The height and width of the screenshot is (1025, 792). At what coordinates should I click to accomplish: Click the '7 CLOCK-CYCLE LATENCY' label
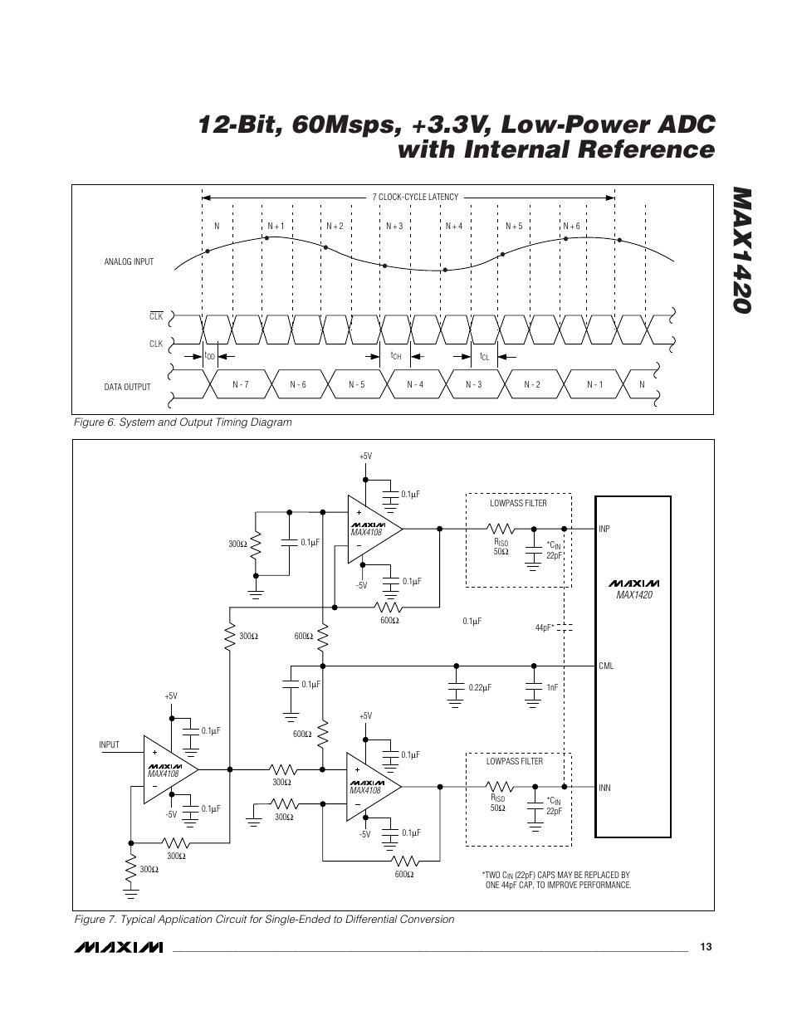coord(415,197)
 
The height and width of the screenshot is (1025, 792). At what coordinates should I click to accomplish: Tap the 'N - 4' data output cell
coord(415,384)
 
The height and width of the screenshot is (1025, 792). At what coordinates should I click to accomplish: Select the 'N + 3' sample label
coord(394,226)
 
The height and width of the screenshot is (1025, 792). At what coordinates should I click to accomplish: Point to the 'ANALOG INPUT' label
coord(129,261)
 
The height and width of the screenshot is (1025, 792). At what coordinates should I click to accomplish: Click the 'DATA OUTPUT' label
coord(127,388)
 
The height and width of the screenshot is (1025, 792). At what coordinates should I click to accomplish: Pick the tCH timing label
coord(396,356)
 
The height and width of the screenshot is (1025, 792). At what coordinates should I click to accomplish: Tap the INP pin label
coord(604,529)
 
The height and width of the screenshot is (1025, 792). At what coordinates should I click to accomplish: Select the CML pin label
coord(606,666)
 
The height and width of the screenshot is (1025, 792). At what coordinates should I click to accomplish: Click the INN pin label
coord(604,788)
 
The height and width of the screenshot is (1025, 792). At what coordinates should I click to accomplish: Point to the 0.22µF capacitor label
coord(480,687)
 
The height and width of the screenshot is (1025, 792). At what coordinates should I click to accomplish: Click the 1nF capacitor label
coord(552,687)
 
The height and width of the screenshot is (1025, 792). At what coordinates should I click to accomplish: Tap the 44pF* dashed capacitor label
coord(544,627)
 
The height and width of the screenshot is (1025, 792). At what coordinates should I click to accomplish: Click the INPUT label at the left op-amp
coord(109,744)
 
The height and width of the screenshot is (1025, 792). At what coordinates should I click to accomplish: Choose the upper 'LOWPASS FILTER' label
coord(518,503)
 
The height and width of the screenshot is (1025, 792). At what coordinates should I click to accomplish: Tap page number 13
coord(706,947)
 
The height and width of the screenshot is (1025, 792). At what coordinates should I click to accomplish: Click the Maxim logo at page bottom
coord(118,948)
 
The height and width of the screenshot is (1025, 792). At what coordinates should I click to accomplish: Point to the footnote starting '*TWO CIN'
coord(556,880)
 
